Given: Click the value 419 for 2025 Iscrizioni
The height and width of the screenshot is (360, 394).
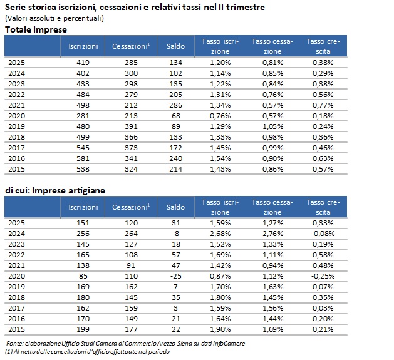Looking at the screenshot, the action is pyautogui.click(x=83, y=63).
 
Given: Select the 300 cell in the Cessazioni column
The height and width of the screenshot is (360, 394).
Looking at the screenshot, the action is pyautogui.click(x=131, y=73).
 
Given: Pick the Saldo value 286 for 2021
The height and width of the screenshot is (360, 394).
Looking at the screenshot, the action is pyautogui.click(x=175, y=105).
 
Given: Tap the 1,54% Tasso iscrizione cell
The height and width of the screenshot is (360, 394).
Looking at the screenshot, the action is pyautogui.click(x=220, y=158).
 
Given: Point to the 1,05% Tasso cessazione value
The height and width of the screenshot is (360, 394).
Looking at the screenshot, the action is pyautogui.click(x=272, y=126).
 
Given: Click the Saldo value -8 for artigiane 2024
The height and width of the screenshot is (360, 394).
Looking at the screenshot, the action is pyautogui.click(x=175, y=234).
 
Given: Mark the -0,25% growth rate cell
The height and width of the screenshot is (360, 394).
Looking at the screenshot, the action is pyautogui.click(x=323, y=276).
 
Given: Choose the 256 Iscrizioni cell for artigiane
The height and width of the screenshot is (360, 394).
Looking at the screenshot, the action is pyautogui.click(x=83, y=234).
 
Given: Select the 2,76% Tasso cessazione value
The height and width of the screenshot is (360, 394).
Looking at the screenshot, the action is pyautogui.click(x=272, y=234).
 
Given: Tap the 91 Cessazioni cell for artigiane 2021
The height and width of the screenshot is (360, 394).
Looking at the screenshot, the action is pyautogui.click(x=131, y=265).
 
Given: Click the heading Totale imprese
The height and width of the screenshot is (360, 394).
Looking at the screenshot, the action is pyautogui.click(x=36, y=29).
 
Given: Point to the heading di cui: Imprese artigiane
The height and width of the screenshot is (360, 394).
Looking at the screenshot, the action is pyautogui.click(x=55, y=191).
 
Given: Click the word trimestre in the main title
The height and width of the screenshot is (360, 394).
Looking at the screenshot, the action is pyautogui.click(x=246, y=7).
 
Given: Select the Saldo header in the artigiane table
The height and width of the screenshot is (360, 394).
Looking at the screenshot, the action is pyautogui.click(x=175, y=207).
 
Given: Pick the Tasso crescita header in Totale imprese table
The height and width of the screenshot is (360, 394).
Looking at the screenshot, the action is pyautogui.click(x=323, y=46).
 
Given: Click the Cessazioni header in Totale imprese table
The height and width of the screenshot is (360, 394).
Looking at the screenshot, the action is pyautogui.click(x=131, y=46).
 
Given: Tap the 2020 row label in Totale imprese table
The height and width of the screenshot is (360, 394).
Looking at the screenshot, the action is pyautogui.click(x=16, y=116).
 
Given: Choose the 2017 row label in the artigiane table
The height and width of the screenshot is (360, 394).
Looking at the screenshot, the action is pyautogui.click(x=16, y=308).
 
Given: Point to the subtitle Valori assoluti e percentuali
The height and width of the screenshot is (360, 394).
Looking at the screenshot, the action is pyautogui.click(x=54, y=18).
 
